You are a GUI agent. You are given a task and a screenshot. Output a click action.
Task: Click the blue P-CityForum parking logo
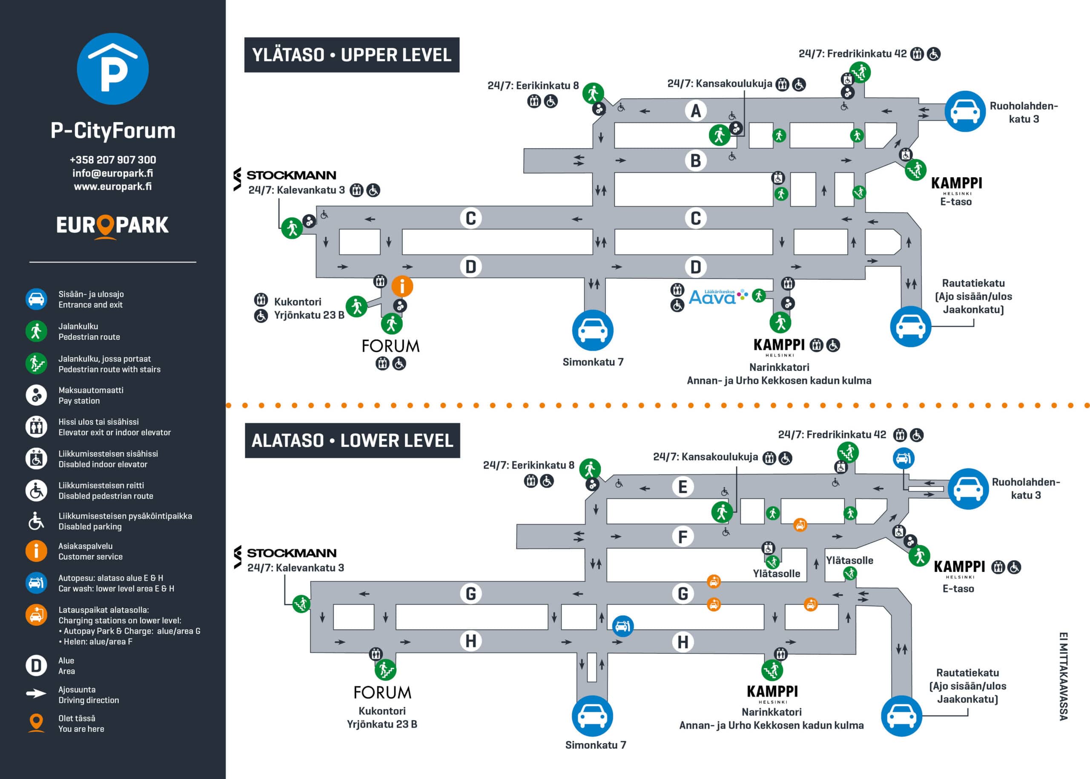(x=113, y=69)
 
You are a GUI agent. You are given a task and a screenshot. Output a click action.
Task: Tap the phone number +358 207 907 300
(x=113, y=160)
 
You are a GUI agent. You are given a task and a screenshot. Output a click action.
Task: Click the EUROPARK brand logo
(x=113, y=225)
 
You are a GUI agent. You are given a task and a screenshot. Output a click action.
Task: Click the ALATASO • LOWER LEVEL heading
(x=352, y=440)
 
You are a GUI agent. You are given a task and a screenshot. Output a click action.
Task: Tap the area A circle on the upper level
(x=695, y=111)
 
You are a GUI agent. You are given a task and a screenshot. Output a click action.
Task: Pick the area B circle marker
(x=695, y=160)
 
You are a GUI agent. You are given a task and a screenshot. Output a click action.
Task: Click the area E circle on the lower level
(x=683, y=487)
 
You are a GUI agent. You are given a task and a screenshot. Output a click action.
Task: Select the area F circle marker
(x=683, y=536)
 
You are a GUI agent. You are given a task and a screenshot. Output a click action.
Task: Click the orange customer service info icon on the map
(x=402, y=286)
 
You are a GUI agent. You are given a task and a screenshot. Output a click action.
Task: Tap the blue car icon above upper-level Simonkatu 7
(x=593, y=330)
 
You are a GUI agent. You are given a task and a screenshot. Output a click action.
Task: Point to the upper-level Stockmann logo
(x=285, y=175)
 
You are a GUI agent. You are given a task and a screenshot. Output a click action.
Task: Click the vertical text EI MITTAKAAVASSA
(x=1063, y=676)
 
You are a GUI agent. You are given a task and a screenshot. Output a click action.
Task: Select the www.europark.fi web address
(x=113, y=187)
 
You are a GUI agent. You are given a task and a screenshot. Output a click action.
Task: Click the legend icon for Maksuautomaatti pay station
(x=36, y=395)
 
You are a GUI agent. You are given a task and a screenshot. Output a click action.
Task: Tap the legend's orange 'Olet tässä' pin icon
(x=36, y=722)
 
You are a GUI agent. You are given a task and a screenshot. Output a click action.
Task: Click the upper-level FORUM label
(x=390, y=346)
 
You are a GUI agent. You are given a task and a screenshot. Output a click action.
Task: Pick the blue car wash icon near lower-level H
(x=622, y=626)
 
